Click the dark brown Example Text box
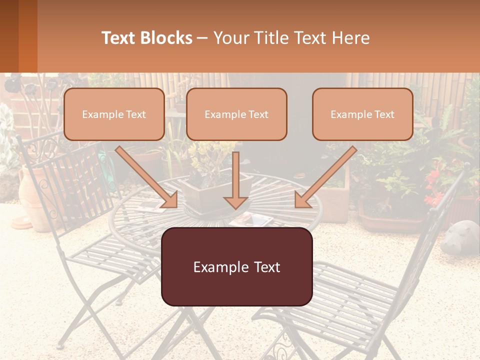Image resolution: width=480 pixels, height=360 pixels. (236, 266)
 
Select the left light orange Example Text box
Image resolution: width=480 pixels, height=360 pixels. (114, 114)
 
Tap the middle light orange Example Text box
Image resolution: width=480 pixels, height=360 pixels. (236, 114)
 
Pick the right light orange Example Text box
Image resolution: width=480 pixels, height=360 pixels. (362, 114)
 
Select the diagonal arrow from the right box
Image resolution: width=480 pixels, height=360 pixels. (325, 177)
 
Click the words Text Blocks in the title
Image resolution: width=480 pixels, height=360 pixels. (146, 38)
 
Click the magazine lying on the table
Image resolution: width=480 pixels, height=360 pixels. (252, 218)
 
